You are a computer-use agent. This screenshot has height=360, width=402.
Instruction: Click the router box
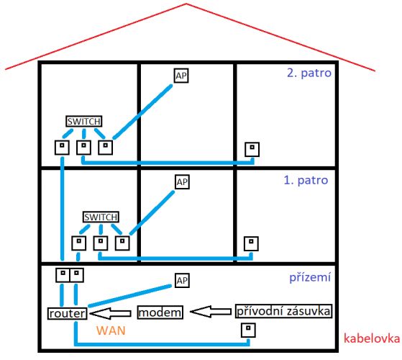click(67, 313)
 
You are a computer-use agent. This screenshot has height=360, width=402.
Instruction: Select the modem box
click(160, 312)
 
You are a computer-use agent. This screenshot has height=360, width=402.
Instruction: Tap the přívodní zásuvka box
click(283, 311)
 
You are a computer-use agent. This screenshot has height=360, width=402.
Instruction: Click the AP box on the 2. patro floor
click(181, 76)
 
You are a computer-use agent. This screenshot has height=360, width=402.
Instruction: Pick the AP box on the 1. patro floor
click(182, 182)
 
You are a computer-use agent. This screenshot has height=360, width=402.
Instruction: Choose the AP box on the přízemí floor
click(182, 280)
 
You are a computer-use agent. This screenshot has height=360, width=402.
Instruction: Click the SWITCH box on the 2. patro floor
click(84, 121)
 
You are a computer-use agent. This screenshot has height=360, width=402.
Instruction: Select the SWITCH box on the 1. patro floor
click(101, 217)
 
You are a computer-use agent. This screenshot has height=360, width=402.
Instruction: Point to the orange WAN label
click(111, 330)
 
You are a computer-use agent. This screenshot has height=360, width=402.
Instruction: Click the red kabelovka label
click(372, 338)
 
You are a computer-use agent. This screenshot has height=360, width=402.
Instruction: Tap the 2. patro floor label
click(309, 73)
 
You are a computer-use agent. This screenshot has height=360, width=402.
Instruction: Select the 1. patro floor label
click(306, 181)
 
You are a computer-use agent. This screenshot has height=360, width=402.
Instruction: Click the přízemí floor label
click(310, 278)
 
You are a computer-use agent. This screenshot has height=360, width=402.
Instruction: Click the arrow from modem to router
click(110, 313)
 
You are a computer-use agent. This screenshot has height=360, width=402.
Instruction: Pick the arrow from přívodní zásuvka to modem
click(211, 312)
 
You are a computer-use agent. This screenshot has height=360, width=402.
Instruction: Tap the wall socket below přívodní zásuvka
click(248, 330)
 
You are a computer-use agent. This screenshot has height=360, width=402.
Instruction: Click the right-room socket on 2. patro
click(252, 149)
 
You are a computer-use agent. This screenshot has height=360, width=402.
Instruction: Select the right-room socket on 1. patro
click(251, 244)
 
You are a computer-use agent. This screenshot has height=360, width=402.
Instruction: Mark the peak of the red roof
click(186, 4)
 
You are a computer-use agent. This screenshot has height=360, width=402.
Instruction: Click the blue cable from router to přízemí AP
click(129, 296)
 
